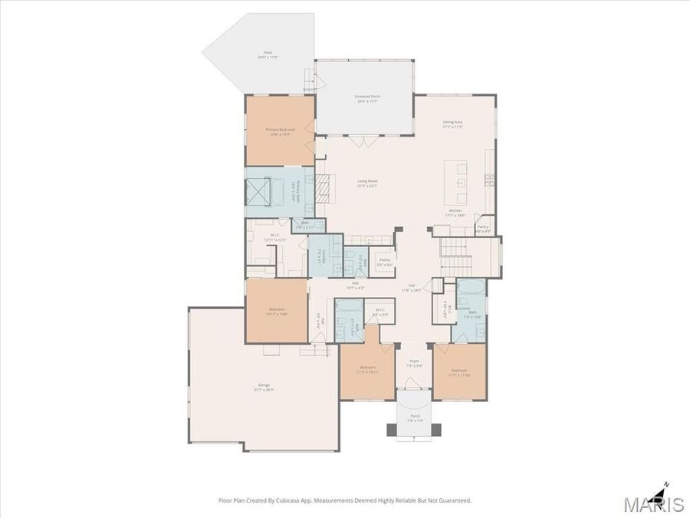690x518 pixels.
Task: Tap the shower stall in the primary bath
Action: tap(255, 189)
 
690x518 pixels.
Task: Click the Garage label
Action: tap(263, 387)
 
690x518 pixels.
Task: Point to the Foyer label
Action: tap(414, 364)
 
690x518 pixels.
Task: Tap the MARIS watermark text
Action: tap(653, 504)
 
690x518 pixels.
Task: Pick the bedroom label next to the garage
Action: tap(277, 312)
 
